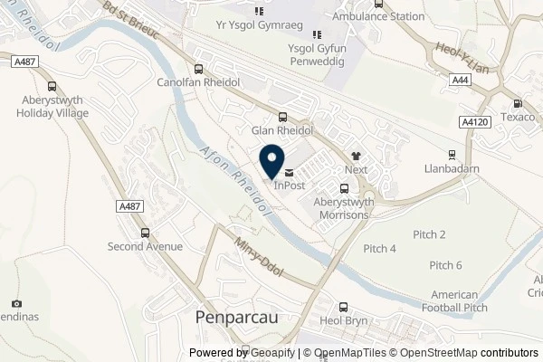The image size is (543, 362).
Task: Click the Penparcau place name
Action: pyautogui.click(x=231, y=318)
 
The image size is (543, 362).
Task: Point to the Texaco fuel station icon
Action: pyautogui.click(x=518, y=104)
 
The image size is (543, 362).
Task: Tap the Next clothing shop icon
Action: pyautogui.click(x=356, y=156)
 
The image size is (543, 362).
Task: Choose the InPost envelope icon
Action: pyautogui.click(x=289, y=172)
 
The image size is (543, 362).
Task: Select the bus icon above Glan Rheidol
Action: pyautogui.click(x=283, y=116)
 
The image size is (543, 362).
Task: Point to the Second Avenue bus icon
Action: pyautogui.click(x=145, y=233)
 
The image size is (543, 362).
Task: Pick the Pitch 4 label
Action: pyautogui.click(x=379, y=249)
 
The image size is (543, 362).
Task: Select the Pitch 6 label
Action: pyautogui.click(x=445, y=265)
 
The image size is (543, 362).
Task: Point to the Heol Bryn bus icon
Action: pyautogui.click(x=342, y=308)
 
